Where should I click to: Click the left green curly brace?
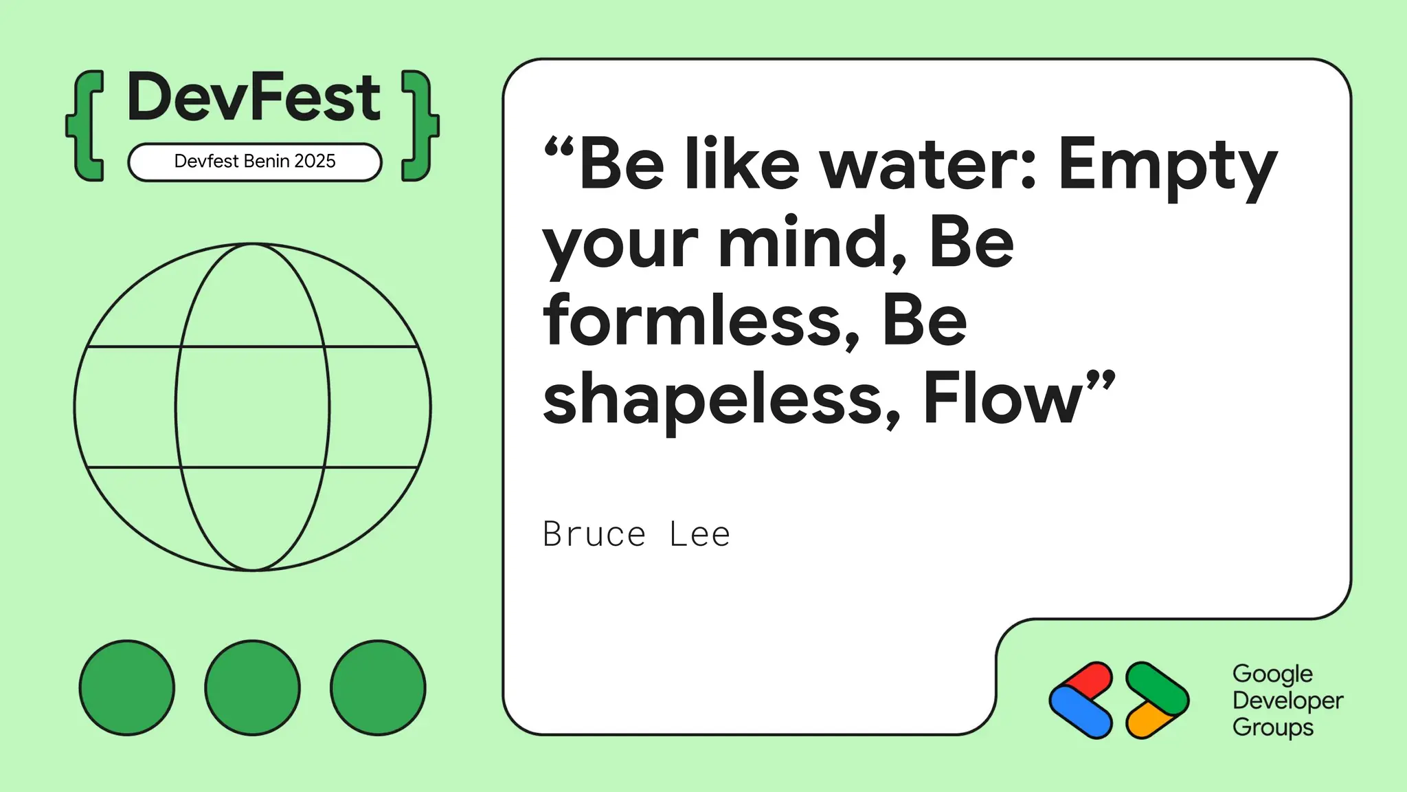point(87,126)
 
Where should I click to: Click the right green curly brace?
point(418,126)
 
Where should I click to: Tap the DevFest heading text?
point(254,98)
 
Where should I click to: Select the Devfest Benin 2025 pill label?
point(255,162)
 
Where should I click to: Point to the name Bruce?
point(594,534)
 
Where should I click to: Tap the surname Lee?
point(699,534)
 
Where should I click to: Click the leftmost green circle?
point(127,687)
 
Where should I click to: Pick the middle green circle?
point(252,687)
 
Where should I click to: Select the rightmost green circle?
point(378,687)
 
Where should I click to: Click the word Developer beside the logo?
point(1287,701)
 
